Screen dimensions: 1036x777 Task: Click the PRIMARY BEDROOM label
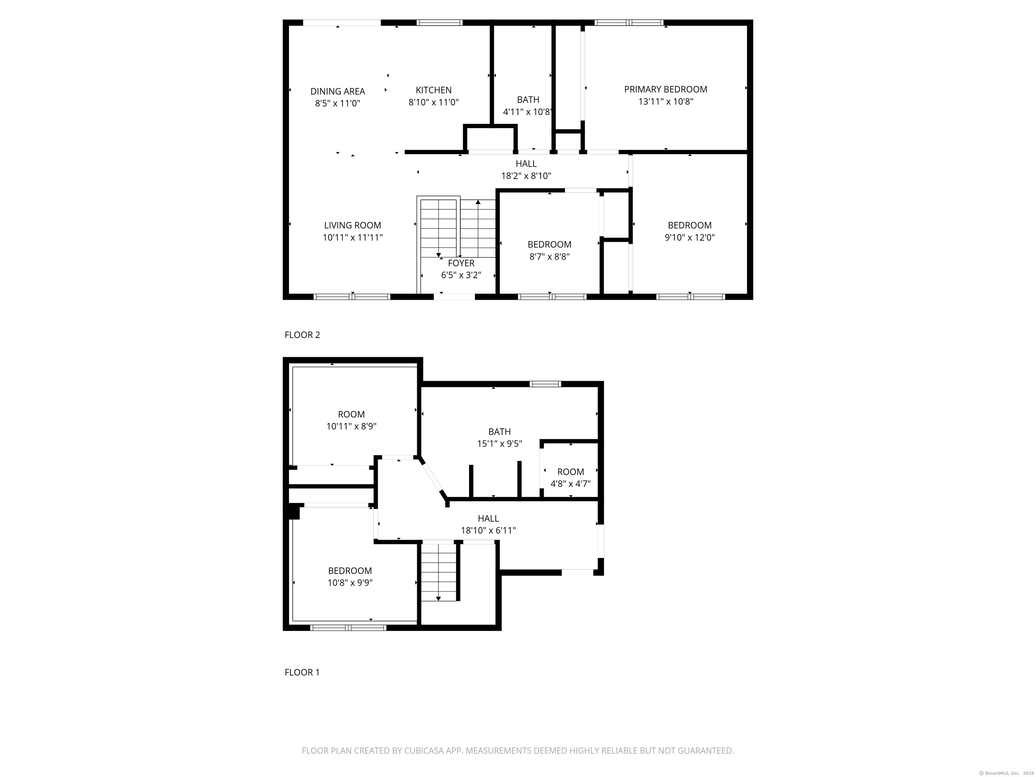(x=665, y=89)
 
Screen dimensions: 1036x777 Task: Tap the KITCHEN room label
(x=434, y=90)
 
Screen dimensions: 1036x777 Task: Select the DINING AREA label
(x=338, y=91)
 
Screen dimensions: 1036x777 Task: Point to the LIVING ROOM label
(x=353, y=225)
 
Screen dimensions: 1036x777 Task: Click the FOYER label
(x=461, y=263)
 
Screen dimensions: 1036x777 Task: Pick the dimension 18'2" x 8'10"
(x=526, y=176)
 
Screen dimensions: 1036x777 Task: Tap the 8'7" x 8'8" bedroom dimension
(x=549, y=257)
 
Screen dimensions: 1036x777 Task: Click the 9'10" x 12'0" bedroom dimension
(x=689, y=237)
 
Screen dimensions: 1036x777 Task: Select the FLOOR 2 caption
(x=302, y=335)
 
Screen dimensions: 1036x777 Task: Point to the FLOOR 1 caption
(x=302, y=672)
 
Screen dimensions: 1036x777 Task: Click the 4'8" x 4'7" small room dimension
(x=571, y=484)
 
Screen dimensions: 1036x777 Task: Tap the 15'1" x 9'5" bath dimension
(x=499, y=443)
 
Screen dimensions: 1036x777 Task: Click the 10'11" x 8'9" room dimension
(x=351, y=427)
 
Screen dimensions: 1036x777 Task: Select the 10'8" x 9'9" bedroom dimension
(x=350, y=583)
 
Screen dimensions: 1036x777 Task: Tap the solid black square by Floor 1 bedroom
(x=294, y=512)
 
